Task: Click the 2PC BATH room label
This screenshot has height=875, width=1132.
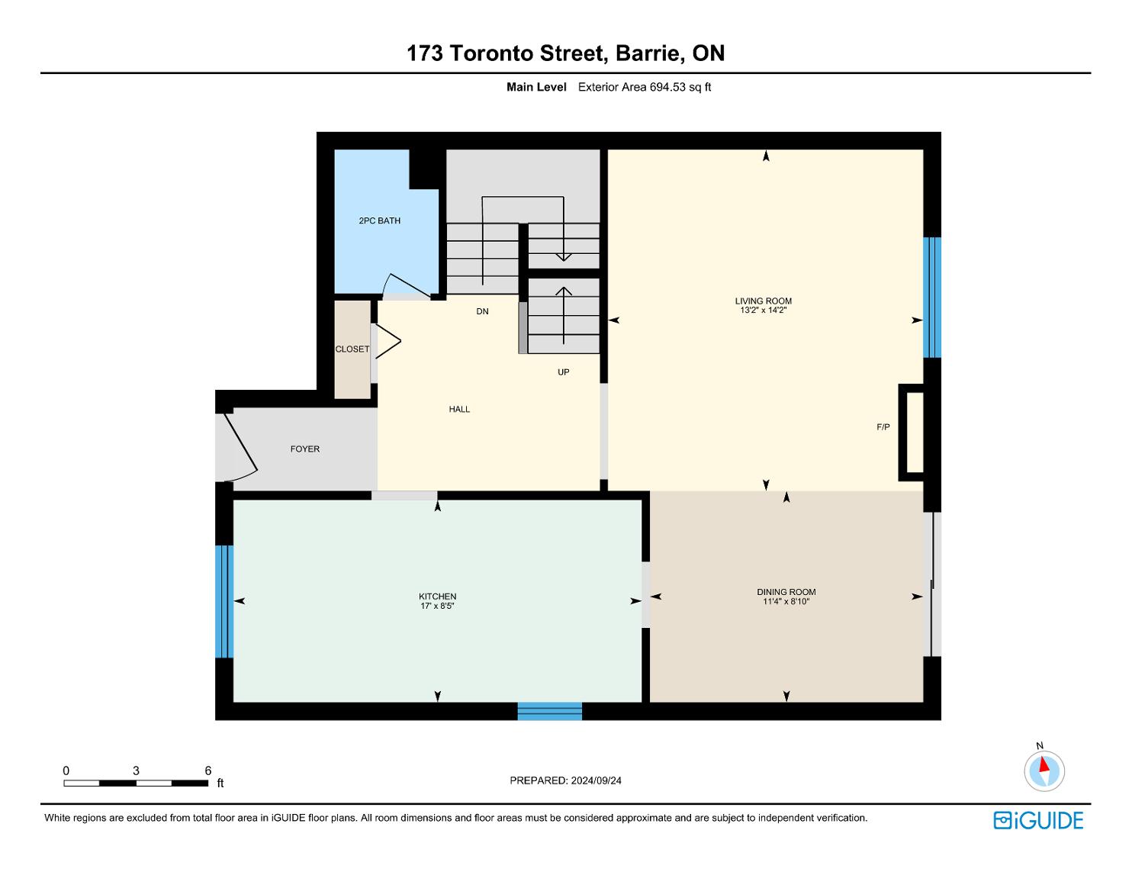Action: click(379, 220)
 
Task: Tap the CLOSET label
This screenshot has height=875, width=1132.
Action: click(352, 349)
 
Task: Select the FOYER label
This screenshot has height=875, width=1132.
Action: click(305, 449)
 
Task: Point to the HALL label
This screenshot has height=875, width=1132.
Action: click(459, 410)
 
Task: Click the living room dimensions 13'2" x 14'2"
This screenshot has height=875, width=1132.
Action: click(763, 310)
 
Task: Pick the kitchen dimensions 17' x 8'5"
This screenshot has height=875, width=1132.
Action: click(437, 606)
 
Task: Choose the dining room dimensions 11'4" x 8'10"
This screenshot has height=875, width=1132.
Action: click(786, 602)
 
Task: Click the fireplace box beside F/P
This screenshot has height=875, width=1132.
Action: click(911, 433)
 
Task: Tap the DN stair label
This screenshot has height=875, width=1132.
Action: click(482, 311)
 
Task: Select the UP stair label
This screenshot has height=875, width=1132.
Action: click(563, 372)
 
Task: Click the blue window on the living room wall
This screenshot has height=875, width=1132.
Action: click(932, 298)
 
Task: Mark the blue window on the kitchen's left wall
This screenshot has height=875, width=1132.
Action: click(224, 602)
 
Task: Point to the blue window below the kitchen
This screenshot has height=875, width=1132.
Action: click(549, 712)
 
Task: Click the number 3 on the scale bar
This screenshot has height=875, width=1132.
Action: click(136, 770)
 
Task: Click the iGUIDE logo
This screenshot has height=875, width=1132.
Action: click(1038, 821)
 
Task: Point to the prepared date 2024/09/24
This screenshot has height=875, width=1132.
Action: click(596, 780)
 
